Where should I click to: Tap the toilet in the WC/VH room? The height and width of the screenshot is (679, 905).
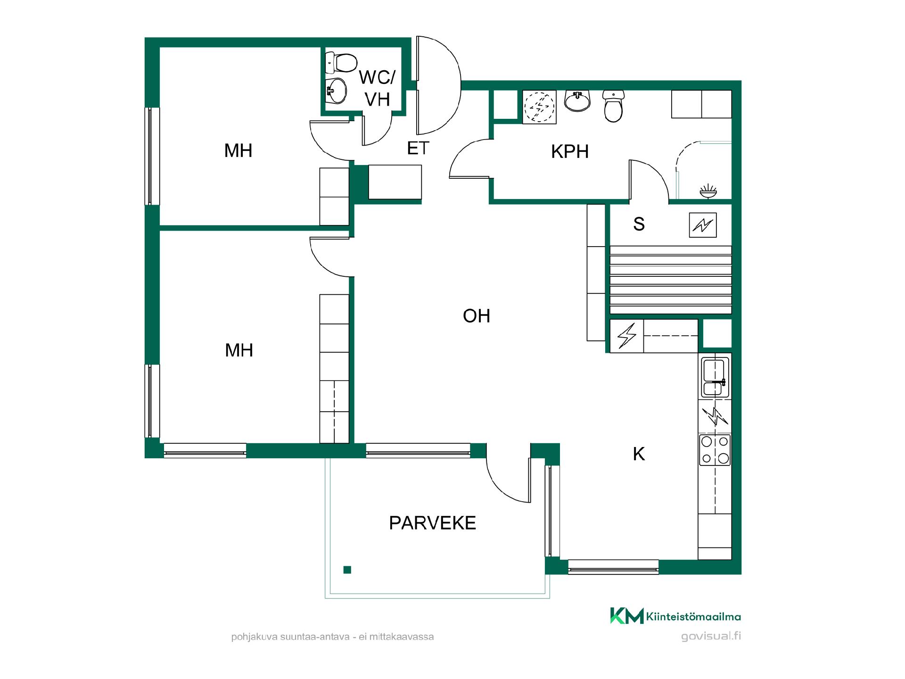tap(342, 62)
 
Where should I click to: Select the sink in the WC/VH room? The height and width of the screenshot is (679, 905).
tap(337, 91)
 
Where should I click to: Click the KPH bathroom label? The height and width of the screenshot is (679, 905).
tap(570, 152)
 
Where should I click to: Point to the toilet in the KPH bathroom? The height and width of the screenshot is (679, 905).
tap(613, 106)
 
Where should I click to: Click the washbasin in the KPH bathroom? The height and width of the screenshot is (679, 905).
tap(577, 100)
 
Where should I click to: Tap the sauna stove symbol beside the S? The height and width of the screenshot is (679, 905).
tap(703, 225)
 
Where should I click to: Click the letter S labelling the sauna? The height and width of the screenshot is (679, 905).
tap(639, 224)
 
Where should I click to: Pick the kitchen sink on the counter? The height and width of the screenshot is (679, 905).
tap(715, 377)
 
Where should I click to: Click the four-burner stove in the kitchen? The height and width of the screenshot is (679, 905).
tap(715, 450)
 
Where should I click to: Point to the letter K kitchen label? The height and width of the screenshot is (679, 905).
tap(639, 454)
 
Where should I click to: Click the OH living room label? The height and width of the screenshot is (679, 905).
tap(477, 316)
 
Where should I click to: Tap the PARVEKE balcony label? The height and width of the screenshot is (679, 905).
tap(432, 523)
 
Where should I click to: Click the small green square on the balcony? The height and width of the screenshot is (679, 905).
tap(347, 570)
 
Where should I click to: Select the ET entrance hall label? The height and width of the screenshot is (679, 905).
tap(418, 149)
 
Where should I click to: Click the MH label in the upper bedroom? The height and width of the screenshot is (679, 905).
tap(238, 151)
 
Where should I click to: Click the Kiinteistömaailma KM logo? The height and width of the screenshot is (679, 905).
tap(627, 616)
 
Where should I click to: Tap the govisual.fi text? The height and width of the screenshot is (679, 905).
tap(711, 636)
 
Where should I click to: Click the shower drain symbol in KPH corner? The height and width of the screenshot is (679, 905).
tap(708, 191)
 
